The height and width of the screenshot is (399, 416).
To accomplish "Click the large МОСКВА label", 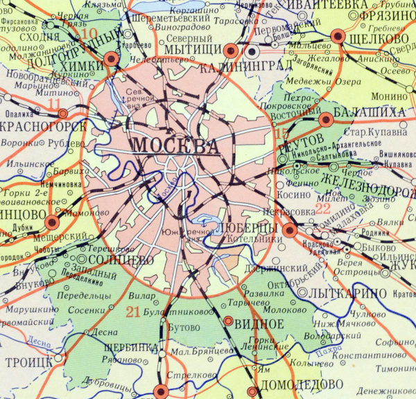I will (175, 146).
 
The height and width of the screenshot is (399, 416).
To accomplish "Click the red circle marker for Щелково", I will (338, 36).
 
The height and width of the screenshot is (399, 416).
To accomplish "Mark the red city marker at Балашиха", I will (326, 119).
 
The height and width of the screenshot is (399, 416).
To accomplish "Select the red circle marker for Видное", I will (229, 321).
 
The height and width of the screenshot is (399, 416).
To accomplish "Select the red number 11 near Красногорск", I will (54, 104).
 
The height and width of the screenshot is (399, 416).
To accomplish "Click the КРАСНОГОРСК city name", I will (43, 126).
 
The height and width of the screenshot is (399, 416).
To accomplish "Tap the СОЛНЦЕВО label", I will (121, 258).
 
